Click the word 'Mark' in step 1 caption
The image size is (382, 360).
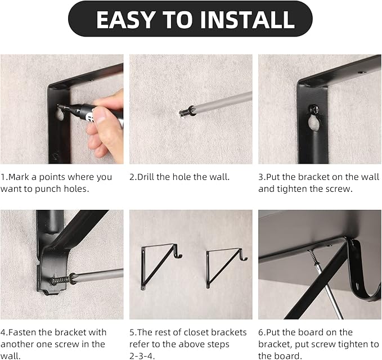tap(20, 177)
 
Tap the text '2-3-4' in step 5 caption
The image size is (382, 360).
tap(143, 355)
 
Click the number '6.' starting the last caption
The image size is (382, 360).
tap(262, 332)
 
